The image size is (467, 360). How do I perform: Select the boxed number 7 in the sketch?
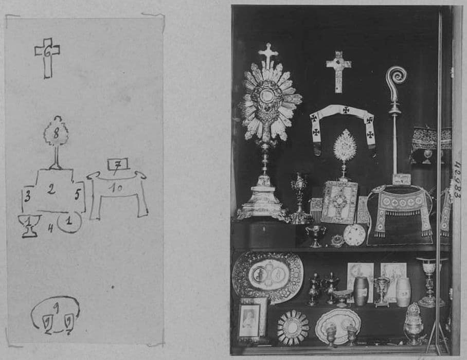(x=118, y=165)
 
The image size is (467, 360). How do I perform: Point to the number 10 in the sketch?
(x=116, y=188)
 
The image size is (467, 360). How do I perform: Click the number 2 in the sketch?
(x=51, y=189)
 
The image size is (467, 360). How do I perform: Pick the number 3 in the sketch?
(x=27, y=196)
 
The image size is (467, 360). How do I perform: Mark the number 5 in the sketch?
(x=77, y=195)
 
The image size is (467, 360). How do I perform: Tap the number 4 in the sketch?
(x=50, y=228)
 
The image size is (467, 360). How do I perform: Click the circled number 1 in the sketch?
(x=69, y=221)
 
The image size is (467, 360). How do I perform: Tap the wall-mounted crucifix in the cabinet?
(x=338, y=70)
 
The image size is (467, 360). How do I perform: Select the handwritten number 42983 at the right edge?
(x=457, y=179)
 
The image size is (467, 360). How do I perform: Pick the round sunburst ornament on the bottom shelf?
(x=293, y=327)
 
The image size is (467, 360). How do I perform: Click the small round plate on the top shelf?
(x=354, y=235)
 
